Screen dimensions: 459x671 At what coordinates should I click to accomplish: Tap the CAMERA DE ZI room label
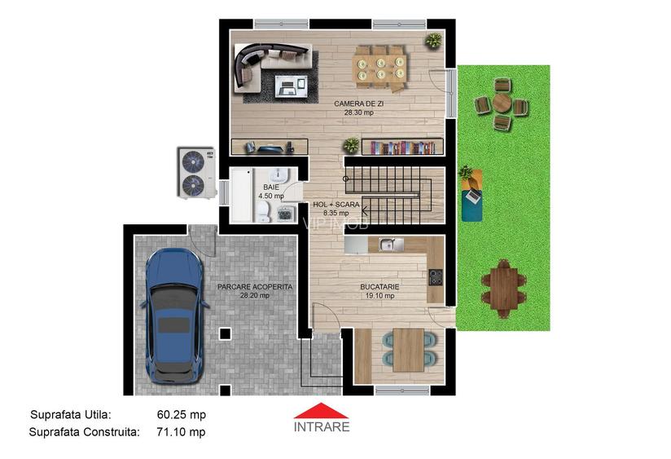tap(358, 104)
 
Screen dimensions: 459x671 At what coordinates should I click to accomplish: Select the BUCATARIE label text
tap(379, 287)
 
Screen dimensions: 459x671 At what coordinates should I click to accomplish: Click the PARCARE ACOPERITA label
tap(254, 287)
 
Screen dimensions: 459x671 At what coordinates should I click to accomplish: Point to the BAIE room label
tap(270, 188)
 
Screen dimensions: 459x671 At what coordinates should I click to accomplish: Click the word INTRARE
tap(322, 426)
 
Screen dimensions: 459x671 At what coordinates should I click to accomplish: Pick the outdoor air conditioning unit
tap(194, 173)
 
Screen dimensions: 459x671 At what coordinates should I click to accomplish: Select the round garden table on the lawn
tap(502, 104)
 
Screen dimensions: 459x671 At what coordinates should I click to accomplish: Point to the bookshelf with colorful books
tap(403, 148)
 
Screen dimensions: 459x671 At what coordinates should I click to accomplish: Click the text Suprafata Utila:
tap(70, 414)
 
